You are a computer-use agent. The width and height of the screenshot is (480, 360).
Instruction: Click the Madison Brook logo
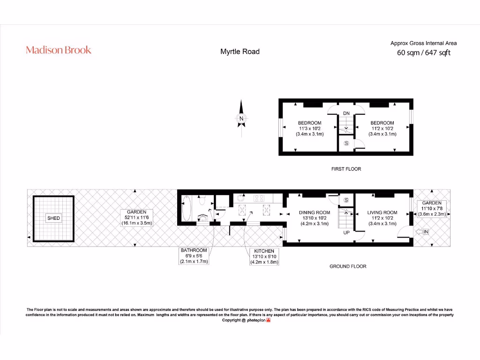coord(59,50)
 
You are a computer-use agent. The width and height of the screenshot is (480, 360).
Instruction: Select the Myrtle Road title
coord(240,52)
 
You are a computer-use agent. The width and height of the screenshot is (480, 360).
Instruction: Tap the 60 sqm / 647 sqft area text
coord(423,52)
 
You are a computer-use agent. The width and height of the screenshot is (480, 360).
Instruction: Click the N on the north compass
coord(241,119)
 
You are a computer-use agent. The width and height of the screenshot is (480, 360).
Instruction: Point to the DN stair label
coord(346,113)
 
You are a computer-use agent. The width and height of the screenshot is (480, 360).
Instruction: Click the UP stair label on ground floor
coord(346,232)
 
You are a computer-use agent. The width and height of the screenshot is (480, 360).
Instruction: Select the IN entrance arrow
coord(422,232)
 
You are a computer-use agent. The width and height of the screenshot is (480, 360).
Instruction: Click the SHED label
coord(53,218)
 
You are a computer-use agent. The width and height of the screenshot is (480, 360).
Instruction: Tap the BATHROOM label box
coord(194,256)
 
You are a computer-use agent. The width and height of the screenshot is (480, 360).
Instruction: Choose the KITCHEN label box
coord(264,257)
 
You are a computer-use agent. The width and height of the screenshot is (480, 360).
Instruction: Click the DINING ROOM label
coord(314,218)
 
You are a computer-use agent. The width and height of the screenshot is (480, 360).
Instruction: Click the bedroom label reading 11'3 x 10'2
coord(309,128)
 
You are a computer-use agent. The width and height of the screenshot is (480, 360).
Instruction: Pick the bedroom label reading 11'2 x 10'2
coord(382,128)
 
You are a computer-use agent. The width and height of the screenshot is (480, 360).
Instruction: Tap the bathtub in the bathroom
coord(186,209)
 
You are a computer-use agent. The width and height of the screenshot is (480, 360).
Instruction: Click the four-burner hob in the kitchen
coord(260,198)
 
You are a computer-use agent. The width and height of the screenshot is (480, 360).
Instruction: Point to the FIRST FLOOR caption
coord(346,169)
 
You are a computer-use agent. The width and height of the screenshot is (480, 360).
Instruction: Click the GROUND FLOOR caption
coord(347,266)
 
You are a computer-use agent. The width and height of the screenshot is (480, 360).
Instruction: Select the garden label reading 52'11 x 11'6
coord(136,217)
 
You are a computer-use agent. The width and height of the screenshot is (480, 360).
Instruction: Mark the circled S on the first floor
coord(346,143)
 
